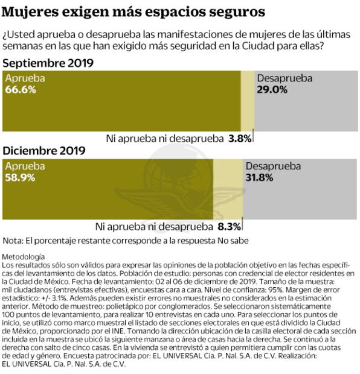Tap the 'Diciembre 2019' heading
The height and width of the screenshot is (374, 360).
click(x=44, y=150)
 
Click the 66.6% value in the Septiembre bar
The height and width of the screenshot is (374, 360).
click(x=21, y=90)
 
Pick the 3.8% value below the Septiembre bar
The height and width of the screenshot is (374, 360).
click(x=239, y=138)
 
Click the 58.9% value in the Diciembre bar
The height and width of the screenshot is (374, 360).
click(x=21, y=177)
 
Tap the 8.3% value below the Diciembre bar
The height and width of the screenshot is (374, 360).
click(x=229, y=227)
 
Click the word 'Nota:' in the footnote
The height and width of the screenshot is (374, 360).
click(x=13, y=240)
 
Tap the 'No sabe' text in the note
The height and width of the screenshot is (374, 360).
click(x=231, y=240)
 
